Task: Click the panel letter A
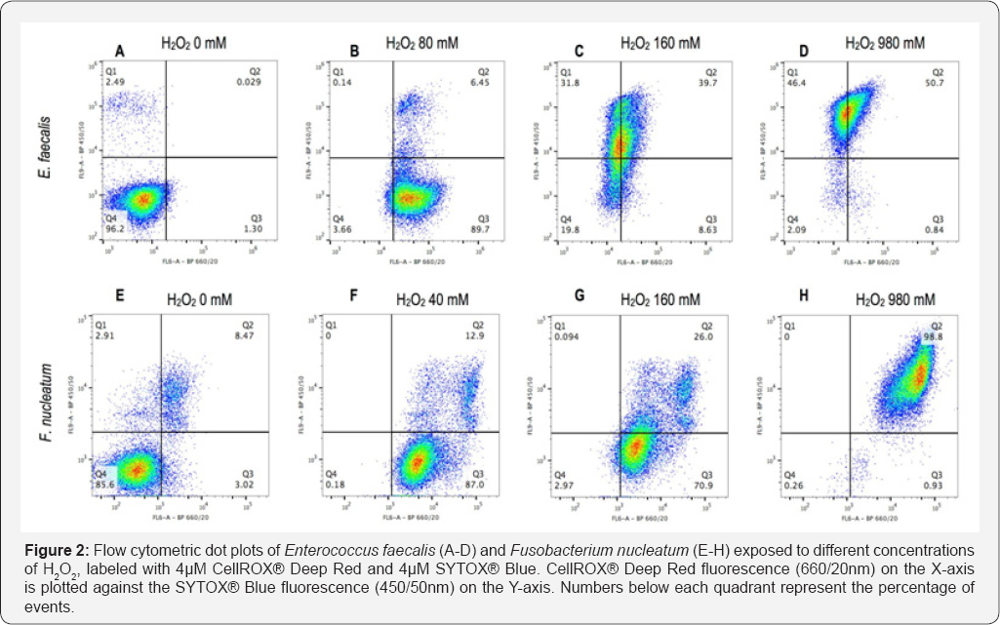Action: coord(120,50)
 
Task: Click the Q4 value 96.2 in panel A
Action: coord(115,228)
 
